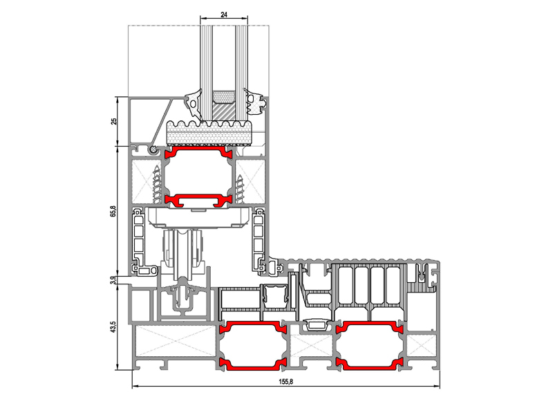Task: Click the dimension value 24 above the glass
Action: [x=224, y=15]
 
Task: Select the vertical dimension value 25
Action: [x=113, y=121]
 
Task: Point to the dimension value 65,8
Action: [x=113, y=211]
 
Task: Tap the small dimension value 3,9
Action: [x=113, y=280]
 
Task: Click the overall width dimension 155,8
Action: [x=285, y=382]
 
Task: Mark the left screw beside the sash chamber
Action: [x=157, y=184]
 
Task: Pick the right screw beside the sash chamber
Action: [x=240, y=189]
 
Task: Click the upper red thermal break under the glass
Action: [x=199, y=151]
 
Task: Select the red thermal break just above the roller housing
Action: [x=199, y=200]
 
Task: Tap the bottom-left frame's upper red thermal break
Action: [x=252, y=326]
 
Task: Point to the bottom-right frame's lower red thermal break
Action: [x=369, y=364]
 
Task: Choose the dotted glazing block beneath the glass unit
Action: [x=209, y=133]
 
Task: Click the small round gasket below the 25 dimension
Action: [x=153, y=150]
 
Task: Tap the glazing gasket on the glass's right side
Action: [x=254, y=102]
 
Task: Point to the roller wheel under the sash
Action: [x=182, y=253]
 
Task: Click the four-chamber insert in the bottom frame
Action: [x=371, y=286]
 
